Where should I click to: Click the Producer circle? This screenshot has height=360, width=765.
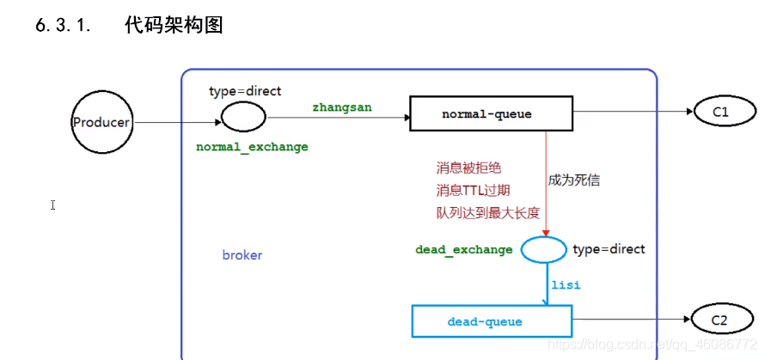click(x=101, y=123)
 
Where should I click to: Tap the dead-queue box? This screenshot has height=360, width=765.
click(x=492, y=321)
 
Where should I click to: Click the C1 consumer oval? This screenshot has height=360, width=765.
click(x=719, y=113)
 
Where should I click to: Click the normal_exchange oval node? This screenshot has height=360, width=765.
click(x=242, y=115)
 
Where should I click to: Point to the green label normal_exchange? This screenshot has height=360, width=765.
click(x=252, y=147)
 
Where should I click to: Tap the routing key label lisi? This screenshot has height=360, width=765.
click(x=566, y=284)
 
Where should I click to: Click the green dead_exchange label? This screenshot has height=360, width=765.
click(x=463, y=250)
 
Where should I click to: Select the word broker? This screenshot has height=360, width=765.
click(x=242, y=255)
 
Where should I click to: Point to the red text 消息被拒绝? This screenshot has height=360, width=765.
click(x=468, y=168)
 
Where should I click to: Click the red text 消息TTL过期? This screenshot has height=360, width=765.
click(x=474, y=191)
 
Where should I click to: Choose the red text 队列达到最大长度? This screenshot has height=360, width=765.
click(x=487, y=212)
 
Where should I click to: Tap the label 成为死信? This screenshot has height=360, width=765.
click(x=573, y=180)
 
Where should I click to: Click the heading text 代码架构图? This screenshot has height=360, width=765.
click(x=174, y=26)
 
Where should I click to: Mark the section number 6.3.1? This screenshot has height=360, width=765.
click(x=63, y=26)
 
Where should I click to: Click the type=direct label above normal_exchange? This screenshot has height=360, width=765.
click(x=245, y=91)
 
